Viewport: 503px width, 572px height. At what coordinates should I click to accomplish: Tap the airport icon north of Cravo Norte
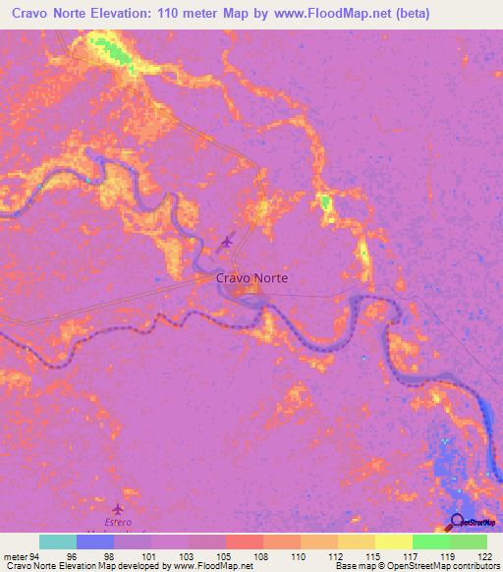pos(228,241)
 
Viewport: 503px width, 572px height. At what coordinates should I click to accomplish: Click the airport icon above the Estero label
pos(120,509)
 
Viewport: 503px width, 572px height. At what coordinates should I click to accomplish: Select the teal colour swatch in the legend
pos(57,542)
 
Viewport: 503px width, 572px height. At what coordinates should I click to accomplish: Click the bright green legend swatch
pos(430,542)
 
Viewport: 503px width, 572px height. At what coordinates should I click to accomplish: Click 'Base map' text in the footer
pos(355,567)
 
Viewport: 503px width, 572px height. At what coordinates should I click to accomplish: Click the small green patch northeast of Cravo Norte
pos(324,203)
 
